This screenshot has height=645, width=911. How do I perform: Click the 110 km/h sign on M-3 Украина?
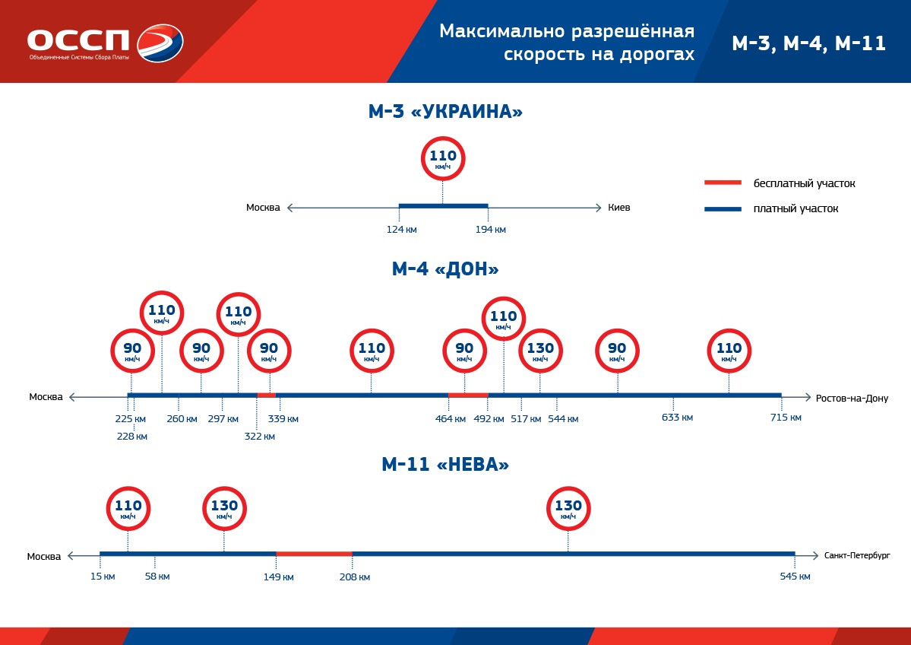pos(442,159)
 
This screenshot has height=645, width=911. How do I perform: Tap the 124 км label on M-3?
pos(402,230)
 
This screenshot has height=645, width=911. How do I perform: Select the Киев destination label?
pos(619,208)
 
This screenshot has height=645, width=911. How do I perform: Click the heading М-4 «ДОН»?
pos(445,269)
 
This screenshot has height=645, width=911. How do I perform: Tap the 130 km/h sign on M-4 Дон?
pos(540,351)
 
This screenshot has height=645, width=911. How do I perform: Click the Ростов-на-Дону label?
pos(851,398)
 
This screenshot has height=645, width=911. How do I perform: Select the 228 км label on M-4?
pos(131,437)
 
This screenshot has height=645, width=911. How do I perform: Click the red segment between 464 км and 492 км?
pos(467,395)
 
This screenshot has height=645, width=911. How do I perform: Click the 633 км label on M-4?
pos(677,418)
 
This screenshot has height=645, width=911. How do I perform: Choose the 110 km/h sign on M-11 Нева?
pos(128,508)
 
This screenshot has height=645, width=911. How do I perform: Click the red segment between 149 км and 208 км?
pos(314,554)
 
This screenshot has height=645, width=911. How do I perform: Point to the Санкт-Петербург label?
pos(856,556)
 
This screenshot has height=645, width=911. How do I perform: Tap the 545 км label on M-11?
pos(795,577)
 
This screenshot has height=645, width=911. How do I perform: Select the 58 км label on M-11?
pos(157,577)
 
